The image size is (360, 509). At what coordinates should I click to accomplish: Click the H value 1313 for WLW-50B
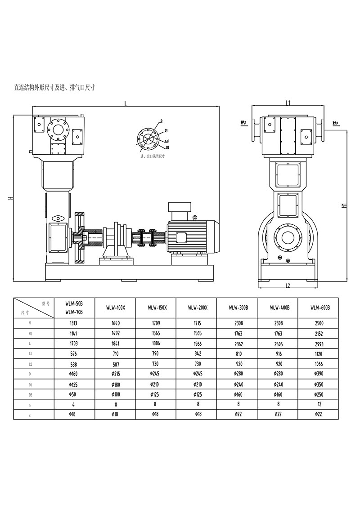(74, 323)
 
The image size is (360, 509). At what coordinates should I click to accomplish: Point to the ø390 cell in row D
(319, 374)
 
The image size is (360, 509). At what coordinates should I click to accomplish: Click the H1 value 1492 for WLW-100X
(115, 333)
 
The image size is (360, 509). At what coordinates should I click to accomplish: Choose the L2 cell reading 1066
(319, 364)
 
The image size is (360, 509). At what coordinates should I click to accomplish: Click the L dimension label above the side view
(126, 103)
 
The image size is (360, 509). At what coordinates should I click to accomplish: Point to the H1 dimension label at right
(343, 205)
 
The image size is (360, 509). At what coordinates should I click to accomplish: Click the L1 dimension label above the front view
(288, 103)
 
